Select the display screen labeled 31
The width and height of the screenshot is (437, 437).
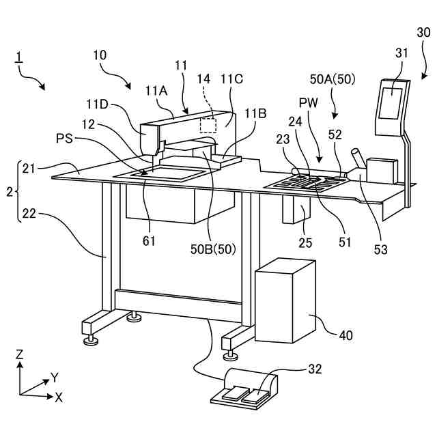click(392, 101)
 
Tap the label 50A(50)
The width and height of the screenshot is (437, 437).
click(332, 79)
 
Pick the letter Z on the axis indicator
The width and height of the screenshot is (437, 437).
click(20, 354)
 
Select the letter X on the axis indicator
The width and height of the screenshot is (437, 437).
click(59, 397)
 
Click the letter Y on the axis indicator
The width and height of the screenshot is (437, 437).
click(54, 377)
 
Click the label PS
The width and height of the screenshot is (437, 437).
click(64, 139)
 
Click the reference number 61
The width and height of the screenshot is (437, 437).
click(149, 240)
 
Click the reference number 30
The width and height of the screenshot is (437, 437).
click(423, 32)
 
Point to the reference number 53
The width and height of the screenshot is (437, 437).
click(380, 249)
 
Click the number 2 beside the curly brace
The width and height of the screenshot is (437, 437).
click(8, 191)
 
